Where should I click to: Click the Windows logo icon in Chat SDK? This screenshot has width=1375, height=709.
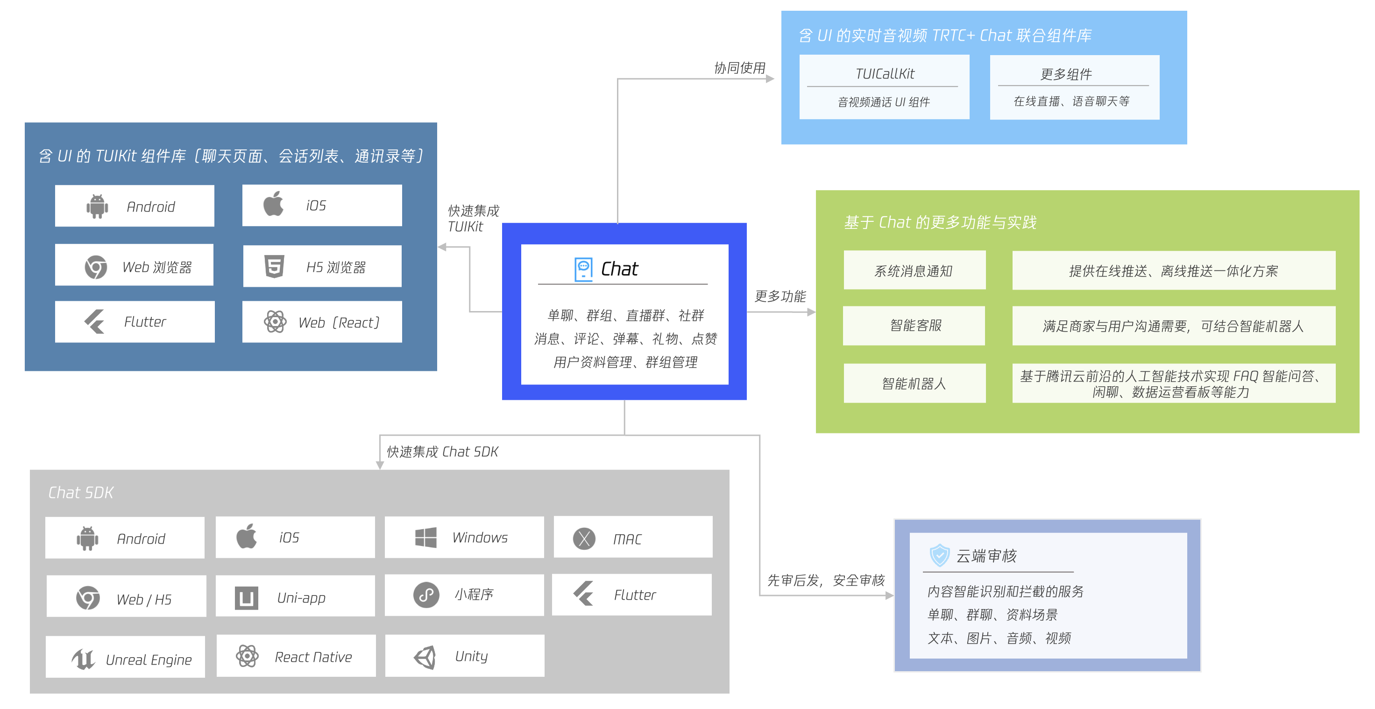[x=425, y=537]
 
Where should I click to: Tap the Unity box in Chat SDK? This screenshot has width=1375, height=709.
[x=464, y=656]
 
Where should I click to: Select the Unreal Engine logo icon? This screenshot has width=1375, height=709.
[x=83, y=659]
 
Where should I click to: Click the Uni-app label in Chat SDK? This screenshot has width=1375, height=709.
[x=301, y=598]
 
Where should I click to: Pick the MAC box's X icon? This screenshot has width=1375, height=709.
[x=584, y=538]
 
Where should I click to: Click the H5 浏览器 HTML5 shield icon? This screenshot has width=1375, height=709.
[x=274, y=266]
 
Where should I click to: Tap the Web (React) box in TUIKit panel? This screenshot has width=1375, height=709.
[x=322, y=322]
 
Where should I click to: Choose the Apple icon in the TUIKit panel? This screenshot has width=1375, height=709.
[x=273, y=205]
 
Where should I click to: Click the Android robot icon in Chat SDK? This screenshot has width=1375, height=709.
[x=87, y=538]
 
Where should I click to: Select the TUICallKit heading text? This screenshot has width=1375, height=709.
[x=885, y=74]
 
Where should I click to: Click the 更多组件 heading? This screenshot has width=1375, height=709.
[x=1066, y=74]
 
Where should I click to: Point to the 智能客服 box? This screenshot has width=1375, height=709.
[x=914, y=326]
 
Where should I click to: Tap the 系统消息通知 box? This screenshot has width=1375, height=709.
[x=914, y=271]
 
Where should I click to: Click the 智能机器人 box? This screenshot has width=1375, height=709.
[x=914, y=383]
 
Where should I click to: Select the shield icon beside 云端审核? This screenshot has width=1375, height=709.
[x=939, y=555]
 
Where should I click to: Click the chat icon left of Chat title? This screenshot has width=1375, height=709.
[x=583, y=269]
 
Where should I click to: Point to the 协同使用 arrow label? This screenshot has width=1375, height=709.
[x=739, y=68]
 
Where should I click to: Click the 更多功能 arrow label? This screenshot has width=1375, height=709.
[x=780, y=296]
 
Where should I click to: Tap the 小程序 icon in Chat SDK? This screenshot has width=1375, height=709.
[x=426, y=595]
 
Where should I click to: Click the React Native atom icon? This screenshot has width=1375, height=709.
[x=248, y=656]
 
